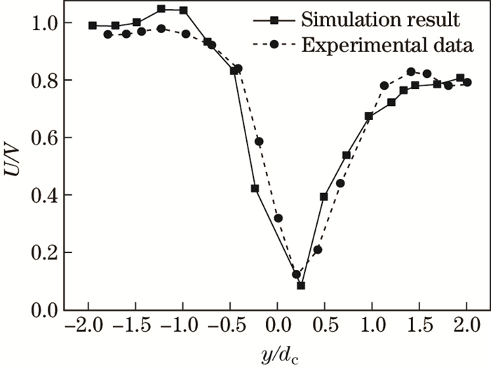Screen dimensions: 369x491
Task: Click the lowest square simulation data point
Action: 301,286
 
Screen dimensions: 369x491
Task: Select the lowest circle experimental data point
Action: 296,274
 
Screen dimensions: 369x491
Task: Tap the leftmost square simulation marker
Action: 93,25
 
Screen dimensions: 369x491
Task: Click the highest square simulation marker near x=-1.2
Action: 161,9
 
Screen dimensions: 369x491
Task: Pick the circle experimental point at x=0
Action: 278,218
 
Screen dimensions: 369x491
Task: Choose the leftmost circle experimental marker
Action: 108,34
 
